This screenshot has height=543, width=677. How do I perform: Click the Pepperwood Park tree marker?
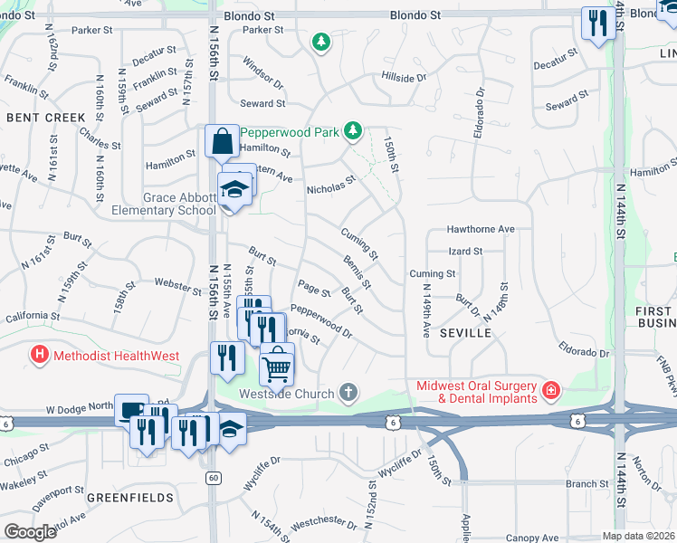click(353, 132)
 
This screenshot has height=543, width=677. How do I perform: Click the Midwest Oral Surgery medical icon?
click(551, 391)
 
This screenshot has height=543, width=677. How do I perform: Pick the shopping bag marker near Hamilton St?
click(222, 142)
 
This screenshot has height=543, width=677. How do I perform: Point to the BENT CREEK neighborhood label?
click(46, 118)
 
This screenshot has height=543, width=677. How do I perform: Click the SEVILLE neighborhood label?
click(465, 333)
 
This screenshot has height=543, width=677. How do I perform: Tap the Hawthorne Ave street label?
click(481, 230)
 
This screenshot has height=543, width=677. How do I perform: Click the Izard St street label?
click(465, 251)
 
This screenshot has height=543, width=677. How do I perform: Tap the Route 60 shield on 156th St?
click(213, 477)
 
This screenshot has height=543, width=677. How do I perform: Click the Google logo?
click(30, 532)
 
